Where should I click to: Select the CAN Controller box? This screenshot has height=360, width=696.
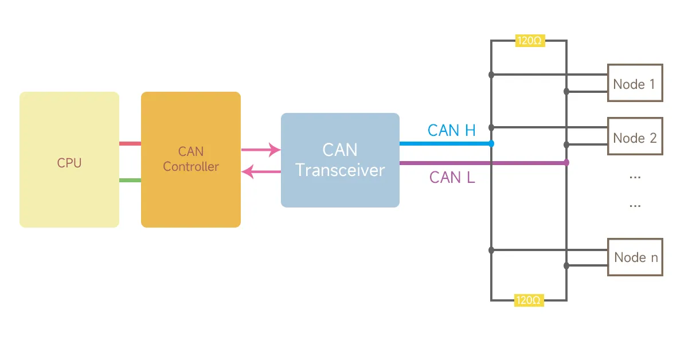tap(191, 160)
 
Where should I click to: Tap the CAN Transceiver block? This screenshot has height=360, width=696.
tap(340, 160)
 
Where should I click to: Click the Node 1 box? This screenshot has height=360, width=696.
tap(635, 83)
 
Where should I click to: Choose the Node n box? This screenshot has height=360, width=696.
tap(635, 257)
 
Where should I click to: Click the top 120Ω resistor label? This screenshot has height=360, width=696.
tap(530, 41)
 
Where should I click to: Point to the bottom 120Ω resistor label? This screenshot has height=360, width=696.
tap(529, 300)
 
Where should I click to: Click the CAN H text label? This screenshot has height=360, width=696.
tap(451, 130)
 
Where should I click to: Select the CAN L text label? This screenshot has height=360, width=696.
tap(452, 177)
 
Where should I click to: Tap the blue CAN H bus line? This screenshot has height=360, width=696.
tap(444, 143)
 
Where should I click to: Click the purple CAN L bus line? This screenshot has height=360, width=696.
tap(482, 163)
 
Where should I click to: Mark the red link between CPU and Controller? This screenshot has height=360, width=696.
tap(130, 143)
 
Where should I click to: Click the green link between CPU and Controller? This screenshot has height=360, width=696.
tap(130, 181)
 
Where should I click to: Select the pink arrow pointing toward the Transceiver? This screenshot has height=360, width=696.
tap(261, 150)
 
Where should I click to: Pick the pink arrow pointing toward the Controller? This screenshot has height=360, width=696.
tap(261, 171)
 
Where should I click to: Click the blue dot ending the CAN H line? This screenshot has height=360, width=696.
tap(491, 143)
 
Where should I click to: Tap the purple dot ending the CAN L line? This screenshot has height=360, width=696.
tap(566, 163)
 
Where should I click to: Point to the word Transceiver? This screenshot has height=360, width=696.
tap(340, 170)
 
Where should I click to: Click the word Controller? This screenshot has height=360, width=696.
tap(191, 167)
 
